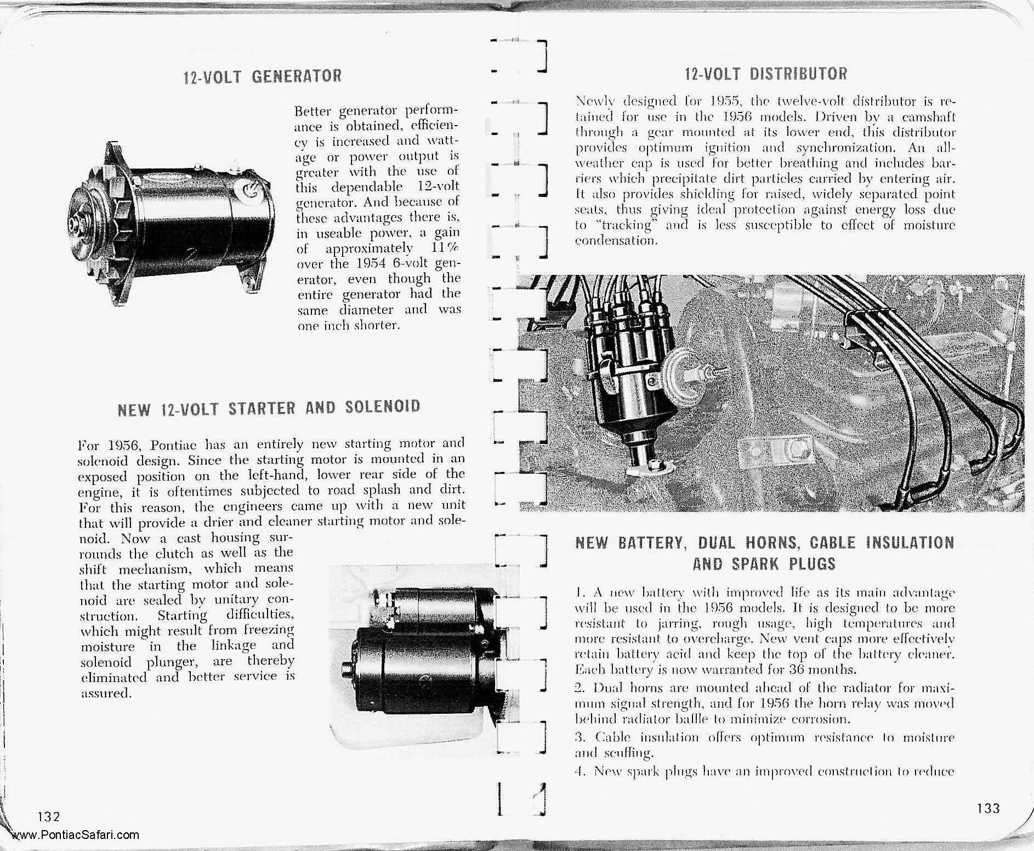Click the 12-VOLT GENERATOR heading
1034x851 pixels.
pos(262,76)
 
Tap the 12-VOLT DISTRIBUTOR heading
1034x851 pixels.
pos(765,74)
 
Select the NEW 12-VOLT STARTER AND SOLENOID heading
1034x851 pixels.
pos(269,408)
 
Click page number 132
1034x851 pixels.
pos(49,816)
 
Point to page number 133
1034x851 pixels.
pos(988,808)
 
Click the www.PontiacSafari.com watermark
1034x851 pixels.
pos(75,836)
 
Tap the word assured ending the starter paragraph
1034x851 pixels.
pos(105,694)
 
